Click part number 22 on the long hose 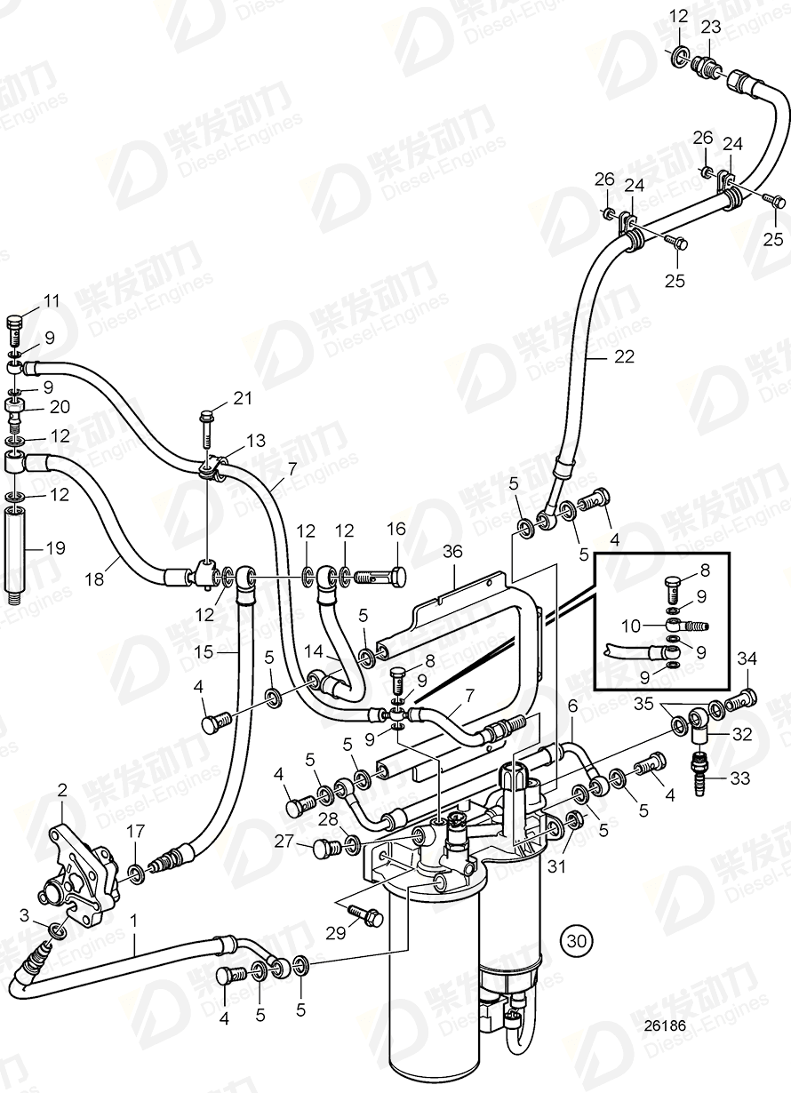(625, 357)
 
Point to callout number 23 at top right (710, 27)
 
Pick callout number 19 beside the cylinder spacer (56, 548)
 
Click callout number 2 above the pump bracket (62, 789)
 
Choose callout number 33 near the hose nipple (739, 778)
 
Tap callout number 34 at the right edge (748, 658)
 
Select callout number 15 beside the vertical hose (204, 653)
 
